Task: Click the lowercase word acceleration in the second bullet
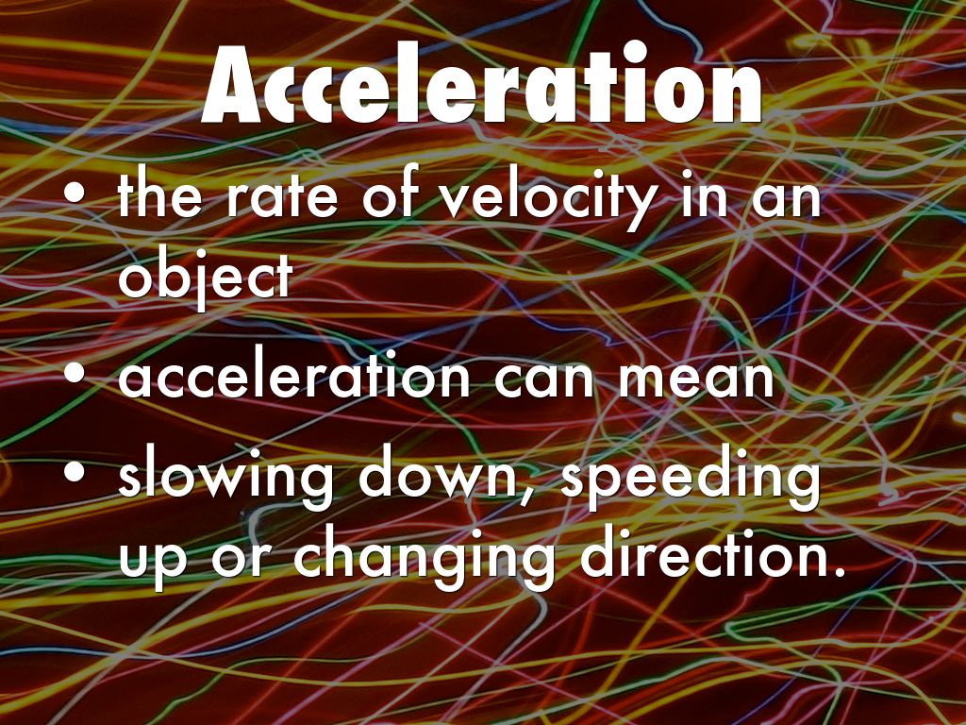coord(293,378)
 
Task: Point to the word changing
coord(424,559)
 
